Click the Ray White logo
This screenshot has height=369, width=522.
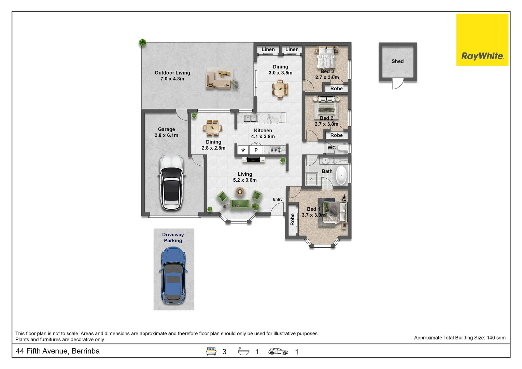pos(482,40)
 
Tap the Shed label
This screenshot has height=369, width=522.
pos(397,61)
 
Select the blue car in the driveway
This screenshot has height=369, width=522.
pos(173,275)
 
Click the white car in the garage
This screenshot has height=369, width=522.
pos(171,182)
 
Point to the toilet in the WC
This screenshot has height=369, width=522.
pos(342,148)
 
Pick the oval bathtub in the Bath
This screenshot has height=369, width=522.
pos(341,175)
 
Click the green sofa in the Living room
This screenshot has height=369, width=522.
pos(240,204)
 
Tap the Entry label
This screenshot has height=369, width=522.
pos(278,200)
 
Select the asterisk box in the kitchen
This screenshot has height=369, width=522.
pos(243,150)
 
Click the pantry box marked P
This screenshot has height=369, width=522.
pos(256,150)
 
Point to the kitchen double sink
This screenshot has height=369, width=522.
pos(251,119)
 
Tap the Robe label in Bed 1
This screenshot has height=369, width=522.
pos(292,219)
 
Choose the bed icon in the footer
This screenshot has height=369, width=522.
pos(211,351)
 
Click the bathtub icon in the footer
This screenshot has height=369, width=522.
pos(243,351)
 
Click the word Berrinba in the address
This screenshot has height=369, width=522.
pos(86,351)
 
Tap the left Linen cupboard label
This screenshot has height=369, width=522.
pos(268,50)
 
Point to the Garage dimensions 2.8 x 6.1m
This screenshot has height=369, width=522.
pos(166,135)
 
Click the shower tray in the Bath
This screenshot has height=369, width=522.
pos(311,179)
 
